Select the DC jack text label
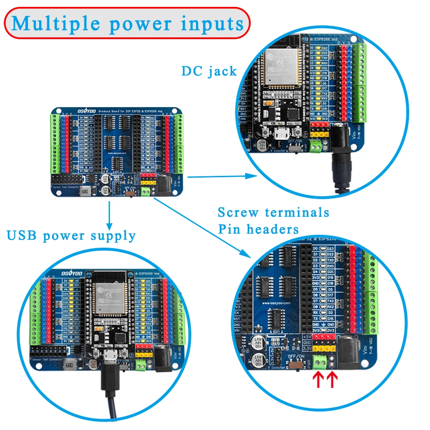209,71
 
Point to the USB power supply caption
71,236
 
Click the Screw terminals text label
273,212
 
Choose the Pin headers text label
258,229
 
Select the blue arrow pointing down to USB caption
109,215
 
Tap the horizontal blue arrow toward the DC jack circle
219,176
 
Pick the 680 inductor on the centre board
84,190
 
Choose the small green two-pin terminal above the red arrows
319,362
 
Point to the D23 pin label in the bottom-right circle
330,249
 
